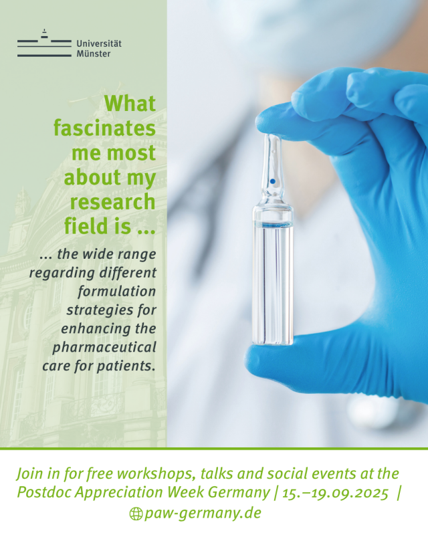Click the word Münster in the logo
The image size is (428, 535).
tap(94, 53)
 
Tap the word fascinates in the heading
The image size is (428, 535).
tap(104, 128)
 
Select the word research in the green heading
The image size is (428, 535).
tap(112, 202)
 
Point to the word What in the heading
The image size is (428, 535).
tap(130, 103)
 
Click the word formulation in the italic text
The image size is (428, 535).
tap(117, 292)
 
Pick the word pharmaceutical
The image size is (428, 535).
tap(104, 347)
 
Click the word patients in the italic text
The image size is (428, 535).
tap(126, 366)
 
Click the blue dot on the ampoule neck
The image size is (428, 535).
tap(273, 181)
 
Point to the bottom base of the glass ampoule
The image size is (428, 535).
tap(273, 342)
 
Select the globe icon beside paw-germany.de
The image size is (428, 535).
tap(136, 514)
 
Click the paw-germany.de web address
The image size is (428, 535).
tap(203, 513)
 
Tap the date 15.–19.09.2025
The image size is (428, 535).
tap(335, 493)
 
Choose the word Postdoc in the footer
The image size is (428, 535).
tap(44, 492)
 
